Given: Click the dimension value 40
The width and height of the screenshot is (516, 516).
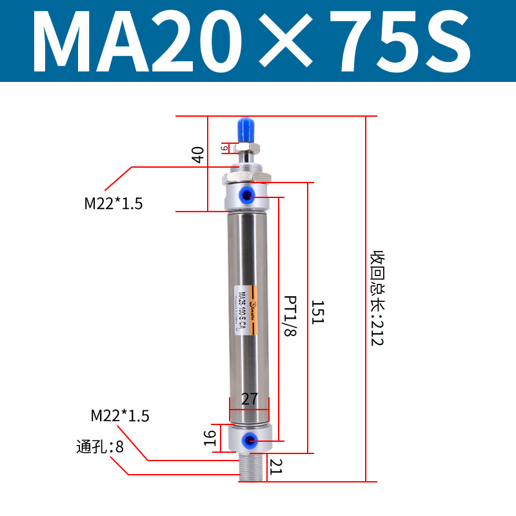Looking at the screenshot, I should pyautogui.click(x=198, y=155).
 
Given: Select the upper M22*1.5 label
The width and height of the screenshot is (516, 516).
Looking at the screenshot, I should pyautogui.click(x=114, y=204).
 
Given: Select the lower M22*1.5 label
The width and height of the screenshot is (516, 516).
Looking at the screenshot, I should pyautogui.click(x=120, y=416).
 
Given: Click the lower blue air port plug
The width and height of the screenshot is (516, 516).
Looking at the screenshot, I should pyautogui.click(x=248, y=441).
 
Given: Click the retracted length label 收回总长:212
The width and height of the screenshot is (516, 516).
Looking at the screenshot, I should pyautogui.click(x=377, y=298).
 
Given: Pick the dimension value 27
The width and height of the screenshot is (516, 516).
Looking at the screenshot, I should pyautogui.click(x=250, y=399).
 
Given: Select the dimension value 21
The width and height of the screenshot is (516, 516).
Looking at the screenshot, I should pyautogui.click(x=275, y=466).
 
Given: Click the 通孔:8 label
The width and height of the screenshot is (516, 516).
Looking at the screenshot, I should pyautogui.click(x=100, y=446).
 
